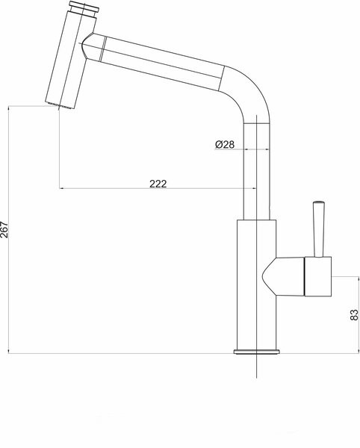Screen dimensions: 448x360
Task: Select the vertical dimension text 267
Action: [x=6, y=229]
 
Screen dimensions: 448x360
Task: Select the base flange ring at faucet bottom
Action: [x=256, y=352]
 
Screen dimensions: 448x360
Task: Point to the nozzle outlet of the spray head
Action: [x=60, y=107]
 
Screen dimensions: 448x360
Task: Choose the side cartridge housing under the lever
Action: [x=317, y=276]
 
